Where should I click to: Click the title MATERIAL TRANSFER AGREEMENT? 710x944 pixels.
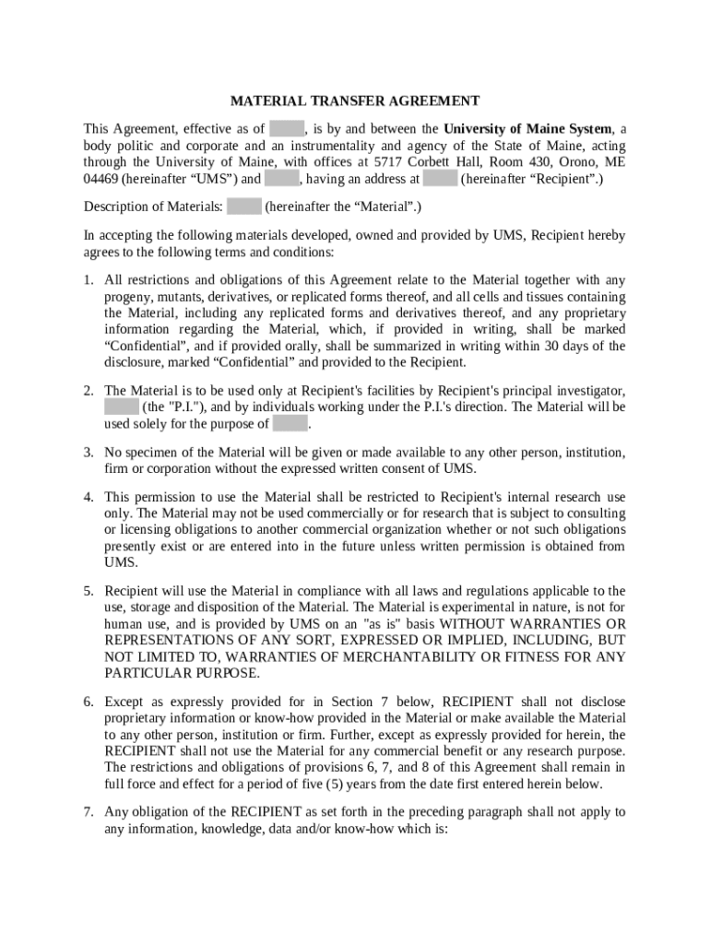coord(354,100)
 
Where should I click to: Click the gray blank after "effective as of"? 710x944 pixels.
coord(287,129)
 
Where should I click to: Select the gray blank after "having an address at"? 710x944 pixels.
coord(441,180)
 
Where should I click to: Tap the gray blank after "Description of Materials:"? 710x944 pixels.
coord(244,207)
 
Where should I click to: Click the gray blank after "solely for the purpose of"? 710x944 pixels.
coord(290,425)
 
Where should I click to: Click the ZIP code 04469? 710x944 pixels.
coord(101,180)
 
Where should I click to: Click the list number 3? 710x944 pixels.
coord(89,453)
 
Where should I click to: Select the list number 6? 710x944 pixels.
coord(89,702)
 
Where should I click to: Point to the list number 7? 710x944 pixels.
coord(89,812)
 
